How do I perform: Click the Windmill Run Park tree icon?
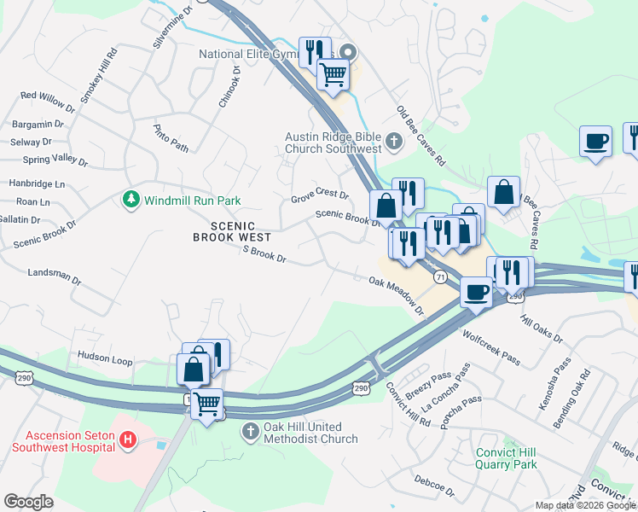(x=130, y=200)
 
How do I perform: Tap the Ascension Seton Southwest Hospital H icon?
(x=127, y=440)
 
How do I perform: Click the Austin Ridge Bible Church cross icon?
(x=393, y=141)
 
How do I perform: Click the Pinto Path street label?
(x=171, y=137)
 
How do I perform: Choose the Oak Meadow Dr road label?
(x=397, y=294)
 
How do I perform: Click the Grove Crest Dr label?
(x=320, y=196)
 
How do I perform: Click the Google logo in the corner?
(x=28, y=502)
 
